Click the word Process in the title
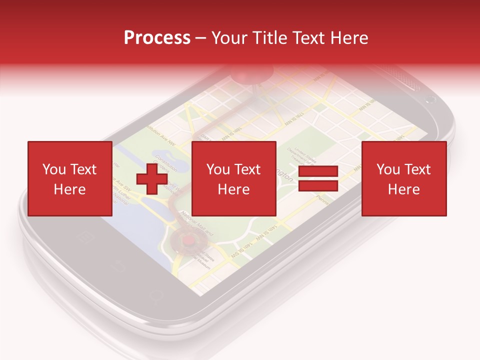[x=157, y=38]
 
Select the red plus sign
[x=151, y=179]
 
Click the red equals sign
[x=318, y=179]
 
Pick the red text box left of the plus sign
[x=69, y=179]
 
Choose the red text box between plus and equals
[x=233, y=179]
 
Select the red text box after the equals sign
[x=403, y=179]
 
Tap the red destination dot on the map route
[x=188, y=240]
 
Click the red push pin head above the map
[x=253, y=75]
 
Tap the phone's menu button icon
[x=82, y=235]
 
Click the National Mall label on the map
[x=197, y=222]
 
